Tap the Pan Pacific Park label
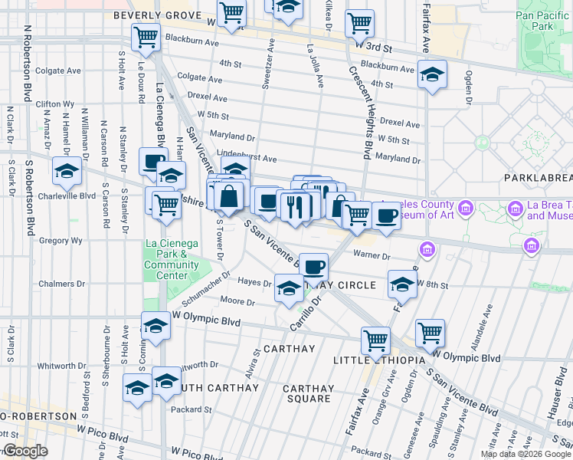545,20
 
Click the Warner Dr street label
372,256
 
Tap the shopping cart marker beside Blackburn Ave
145,37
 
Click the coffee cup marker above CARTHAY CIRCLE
313,268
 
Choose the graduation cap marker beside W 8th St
402,284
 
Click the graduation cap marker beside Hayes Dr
288,289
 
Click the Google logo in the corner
25,451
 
